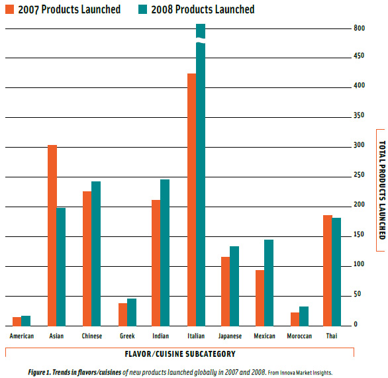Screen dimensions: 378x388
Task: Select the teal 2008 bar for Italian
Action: (200, 185)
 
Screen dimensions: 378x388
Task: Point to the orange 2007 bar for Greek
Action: (122, 314)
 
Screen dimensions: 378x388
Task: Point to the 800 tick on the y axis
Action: (359, 28)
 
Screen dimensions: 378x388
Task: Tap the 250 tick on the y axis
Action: (358, 175)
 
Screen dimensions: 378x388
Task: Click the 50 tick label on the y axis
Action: (358, 294)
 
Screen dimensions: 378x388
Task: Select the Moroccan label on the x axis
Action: (299, 336)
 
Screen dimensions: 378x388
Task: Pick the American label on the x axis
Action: (21, 336)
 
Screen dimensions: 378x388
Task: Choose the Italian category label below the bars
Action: (195, 336)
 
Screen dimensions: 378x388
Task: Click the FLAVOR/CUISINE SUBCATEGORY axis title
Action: (179, 354)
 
